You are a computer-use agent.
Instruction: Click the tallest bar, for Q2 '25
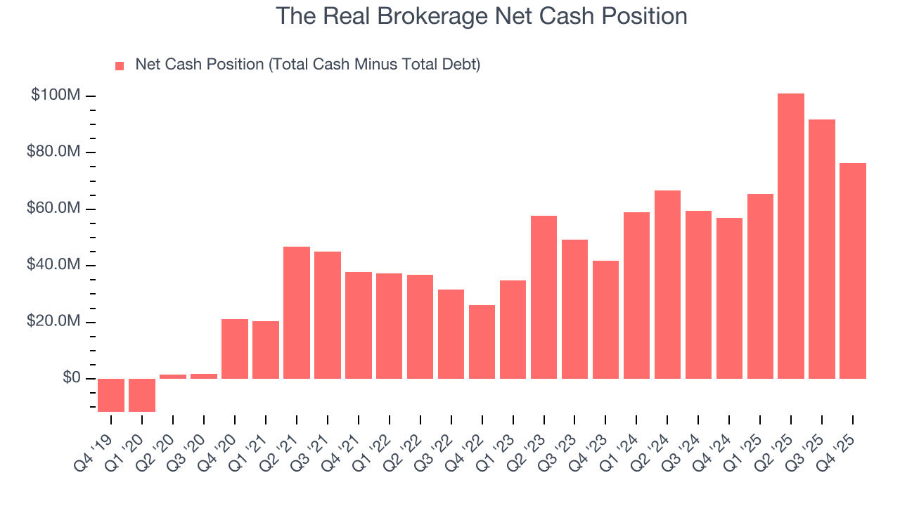point(791,236)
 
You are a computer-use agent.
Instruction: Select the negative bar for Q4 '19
point(110,395)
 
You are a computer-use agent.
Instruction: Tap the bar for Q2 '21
point(296,313)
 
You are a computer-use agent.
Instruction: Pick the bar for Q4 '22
point(482,342)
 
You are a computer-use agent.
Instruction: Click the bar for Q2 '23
point(544,297)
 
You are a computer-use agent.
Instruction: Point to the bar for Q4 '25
point(853,271)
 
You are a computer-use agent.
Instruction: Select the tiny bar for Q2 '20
point(172,377)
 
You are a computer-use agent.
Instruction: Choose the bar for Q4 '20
point(234,349)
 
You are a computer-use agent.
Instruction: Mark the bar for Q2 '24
point(667,285)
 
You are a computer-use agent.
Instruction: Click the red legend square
point(120,65)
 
